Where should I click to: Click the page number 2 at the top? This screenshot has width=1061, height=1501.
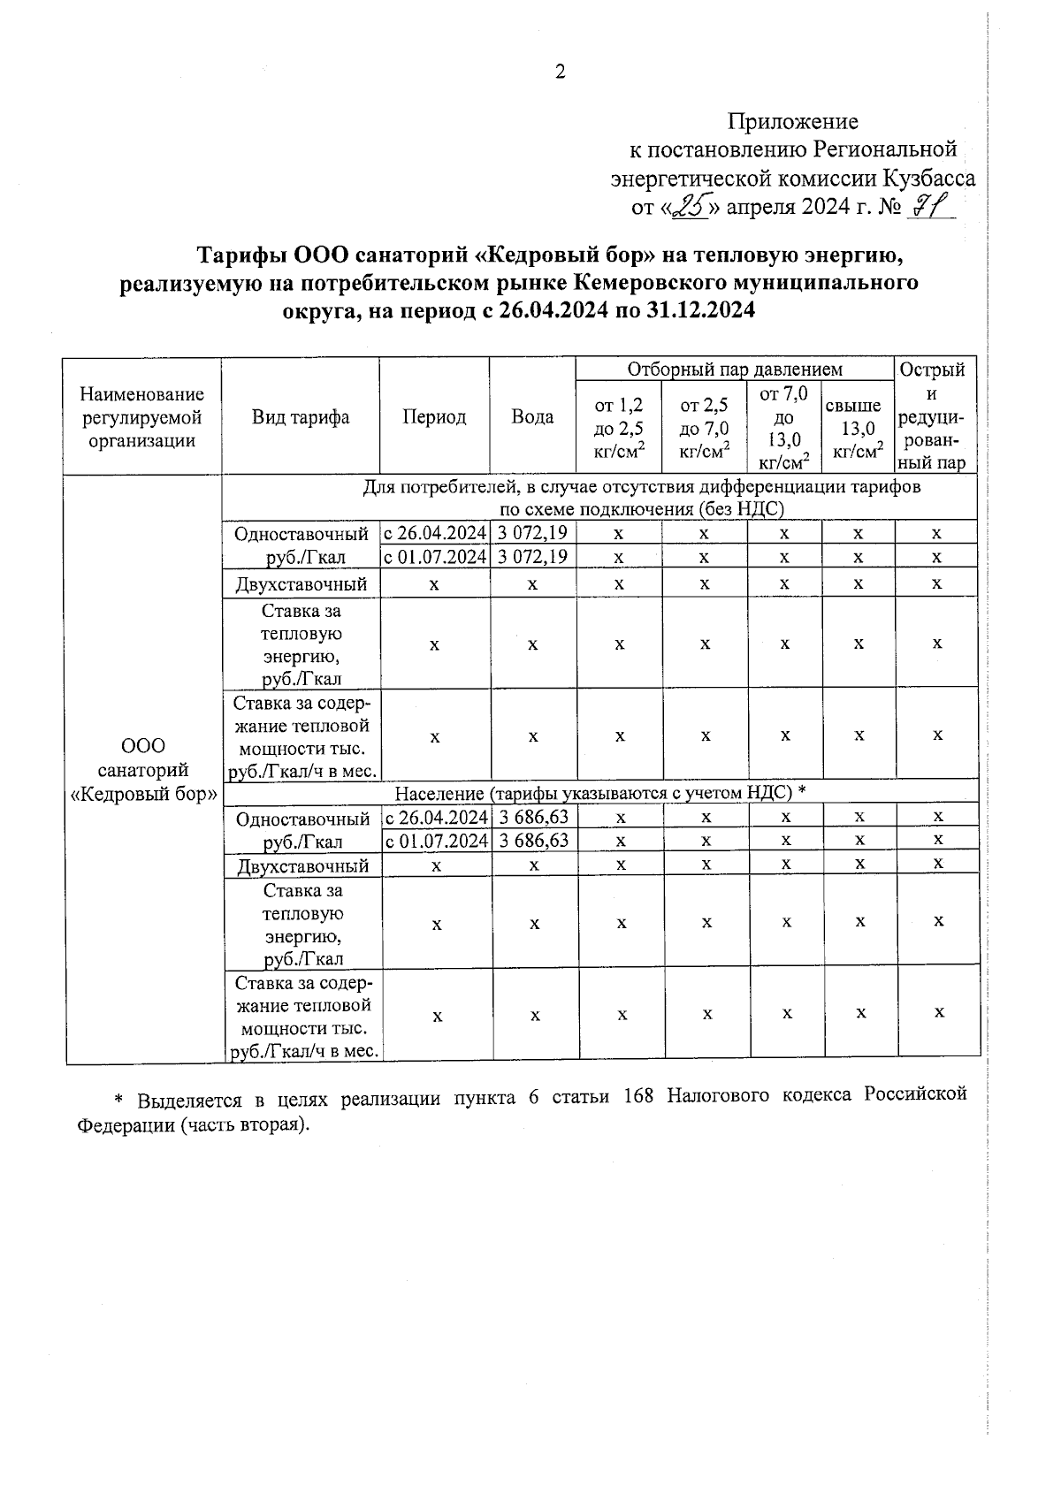coord(560,72)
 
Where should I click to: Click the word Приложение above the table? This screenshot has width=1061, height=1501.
coord(793,121)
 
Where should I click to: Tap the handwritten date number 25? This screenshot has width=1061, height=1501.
coord(688,207)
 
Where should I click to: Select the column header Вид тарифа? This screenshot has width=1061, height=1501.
coord(301,417)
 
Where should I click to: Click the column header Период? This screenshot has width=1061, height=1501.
coord(434,417)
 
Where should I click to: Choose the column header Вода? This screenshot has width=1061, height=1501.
coord(532,417)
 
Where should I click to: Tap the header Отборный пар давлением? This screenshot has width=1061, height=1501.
coord(735,370)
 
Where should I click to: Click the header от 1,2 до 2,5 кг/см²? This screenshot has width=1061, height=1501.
coord(618,429)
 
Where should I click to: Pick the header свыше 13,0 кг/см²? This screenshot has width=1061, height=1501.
coord(858,429)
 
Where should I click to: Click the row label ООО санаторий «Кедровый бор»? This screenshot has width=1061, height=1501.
coord(143,770)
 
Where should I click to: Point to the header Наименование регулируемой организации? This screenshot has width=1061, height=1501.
coord(141,417)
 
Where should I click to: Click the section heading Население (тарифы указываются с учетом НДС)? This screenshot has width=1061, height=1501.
coord(599,792)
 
